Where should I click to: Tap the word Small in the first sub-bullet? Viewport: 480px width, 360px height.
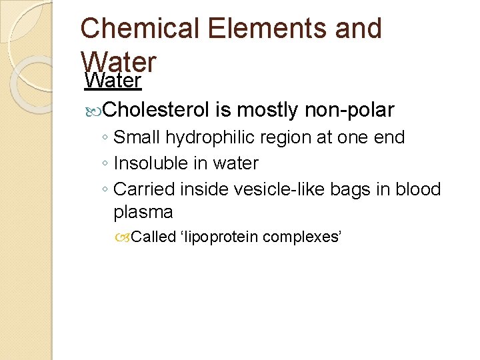click(137, 138)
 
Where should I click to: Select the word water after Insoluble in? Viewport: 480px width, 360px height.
click(235, 163)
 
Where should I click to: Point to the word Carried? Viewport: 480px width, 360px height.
click(142, 189)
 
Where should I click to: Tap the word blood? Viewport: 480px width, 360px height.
click(417, 189)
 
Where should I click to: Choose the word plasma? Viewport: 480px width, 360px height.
click(143, 213)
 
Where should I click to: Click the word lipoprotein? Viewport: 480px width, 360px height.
click(221, 237)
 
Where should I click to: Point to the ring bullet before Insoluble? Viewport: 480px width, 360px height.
click(106, 164)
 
